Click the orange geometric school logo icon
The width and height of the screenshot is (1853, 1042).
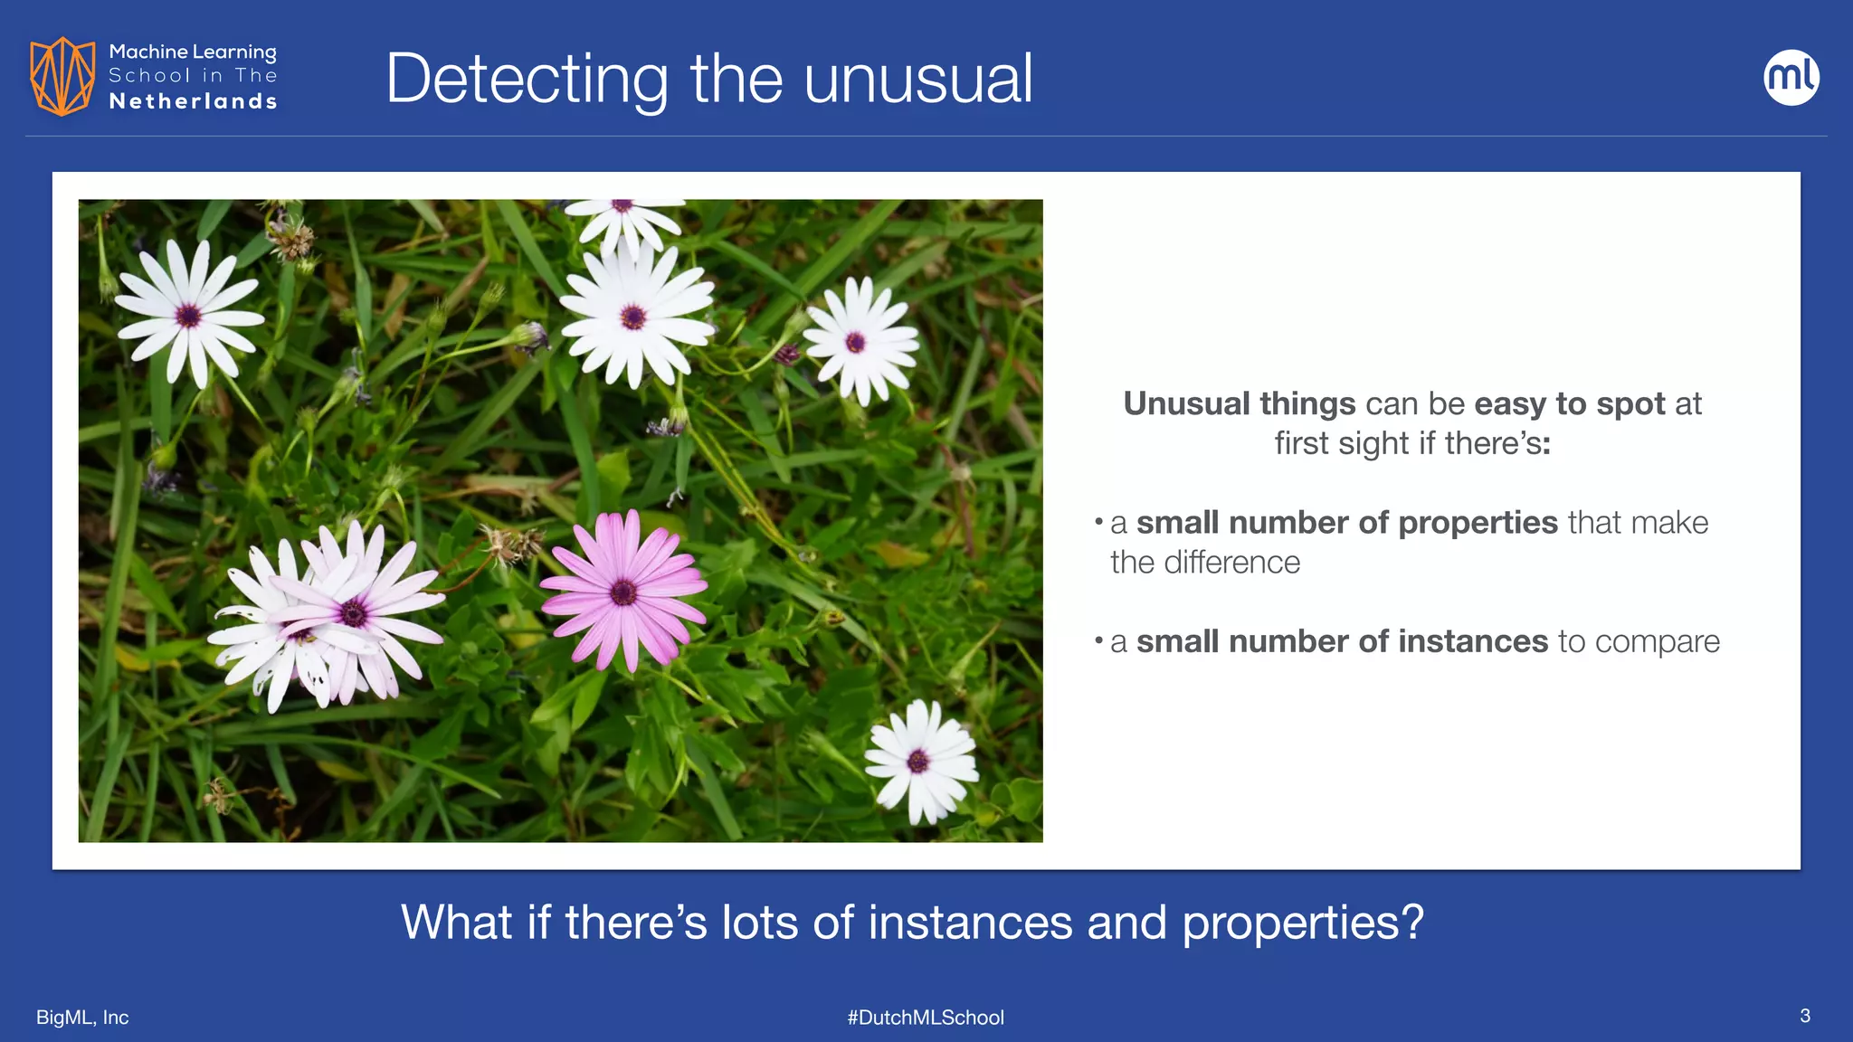[62, 76]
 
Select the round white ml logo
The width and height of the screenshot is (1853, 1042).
[1791, 77]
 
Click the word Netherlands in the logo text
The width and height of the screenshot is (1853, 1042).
[193, 101]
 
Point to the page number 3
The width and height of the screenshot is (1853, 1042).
[1804, 1016]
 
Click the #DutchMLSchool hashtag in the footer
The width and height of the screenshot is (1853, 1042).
[926, 1018]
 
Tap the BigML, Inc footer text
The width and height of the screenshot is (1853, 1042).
[82, 1018]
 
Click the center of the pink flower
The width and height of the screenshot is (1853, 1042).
[623, 592]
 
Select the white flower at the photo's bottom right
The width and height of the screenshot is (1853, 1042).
[918, 761]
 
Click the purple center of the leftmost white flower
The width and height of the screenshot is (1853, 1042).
[188, 316]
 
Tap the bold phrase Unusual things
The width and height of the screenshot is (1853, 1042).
[1239, 403]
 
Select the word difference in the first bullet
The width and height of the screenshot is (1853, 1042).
[1231, 563]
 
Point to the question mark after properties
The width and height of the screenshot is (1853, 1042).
[1413, 923]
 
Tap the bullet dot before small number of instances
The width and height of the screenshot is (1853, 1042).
[1098, 640]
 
